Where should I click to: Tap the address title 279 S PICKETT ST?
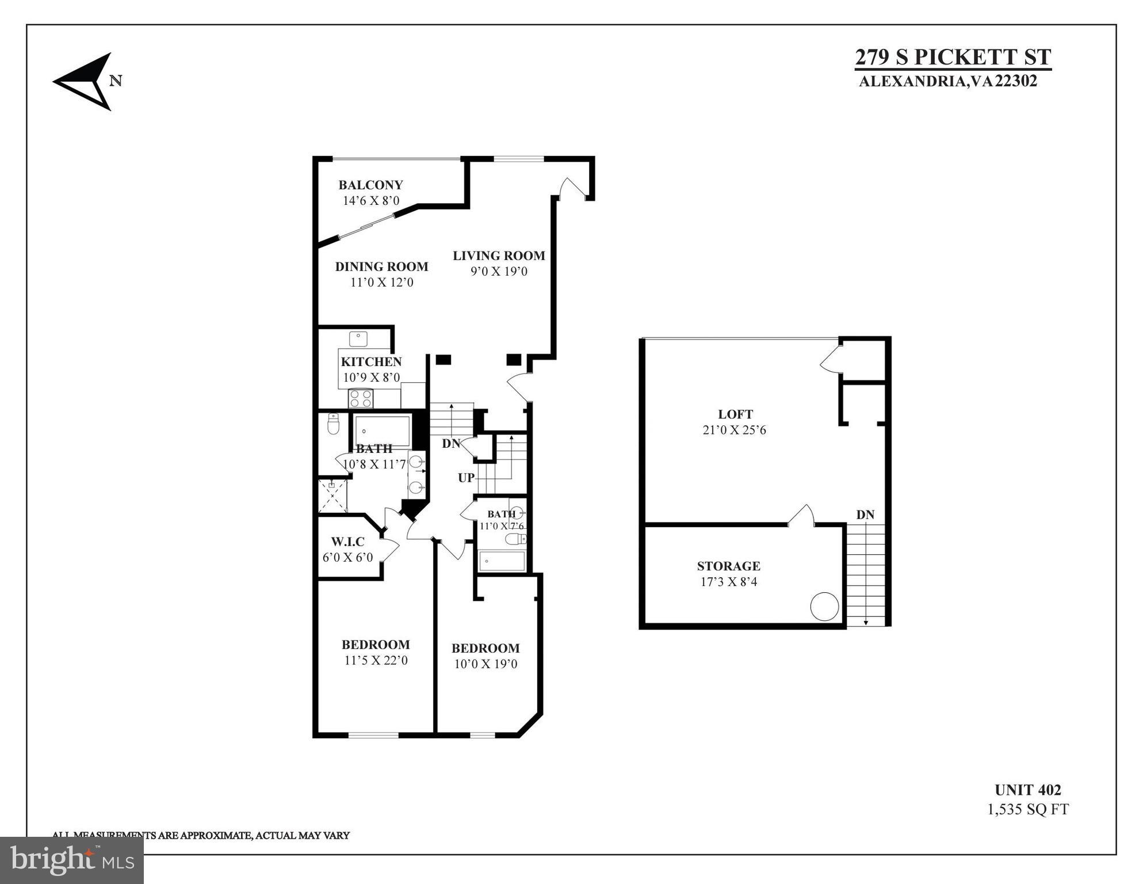pos(953,58)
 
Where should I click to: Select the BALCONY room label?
pos(370,185)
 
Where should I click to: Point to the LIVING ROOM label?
pos(499,256)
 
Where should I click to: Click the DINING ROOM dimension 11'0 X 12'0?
pos(382,283)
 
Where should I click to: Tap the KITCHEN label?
pos(371,361)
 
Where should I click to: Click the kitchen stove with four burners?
pos(361,398)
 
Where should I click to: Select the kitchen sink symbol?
pos(358,338)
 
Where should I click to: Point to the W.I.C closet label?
pos(347,542)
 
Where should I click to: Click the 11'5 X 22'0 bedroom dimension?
pos(376,661)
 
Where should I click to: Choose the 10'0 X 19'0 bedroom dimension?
pos(486,664)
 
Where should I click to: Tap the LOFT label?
pos(735,414)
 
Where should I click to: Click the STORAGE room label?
pos(728,566)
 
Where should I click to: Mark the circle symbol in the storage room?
pos(824,607)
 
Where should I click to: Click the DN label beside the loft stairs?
pos(865,515)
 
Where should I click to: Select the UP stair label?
pos(467,478)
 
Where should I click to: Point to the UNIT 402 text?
pos(1027,790)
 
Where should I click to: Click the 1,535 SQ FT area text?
pos(1027,810)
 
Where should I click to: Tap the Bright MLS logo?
pos(72,860)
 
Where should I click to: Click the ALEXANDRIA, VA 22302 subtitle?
pos(947,81)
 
